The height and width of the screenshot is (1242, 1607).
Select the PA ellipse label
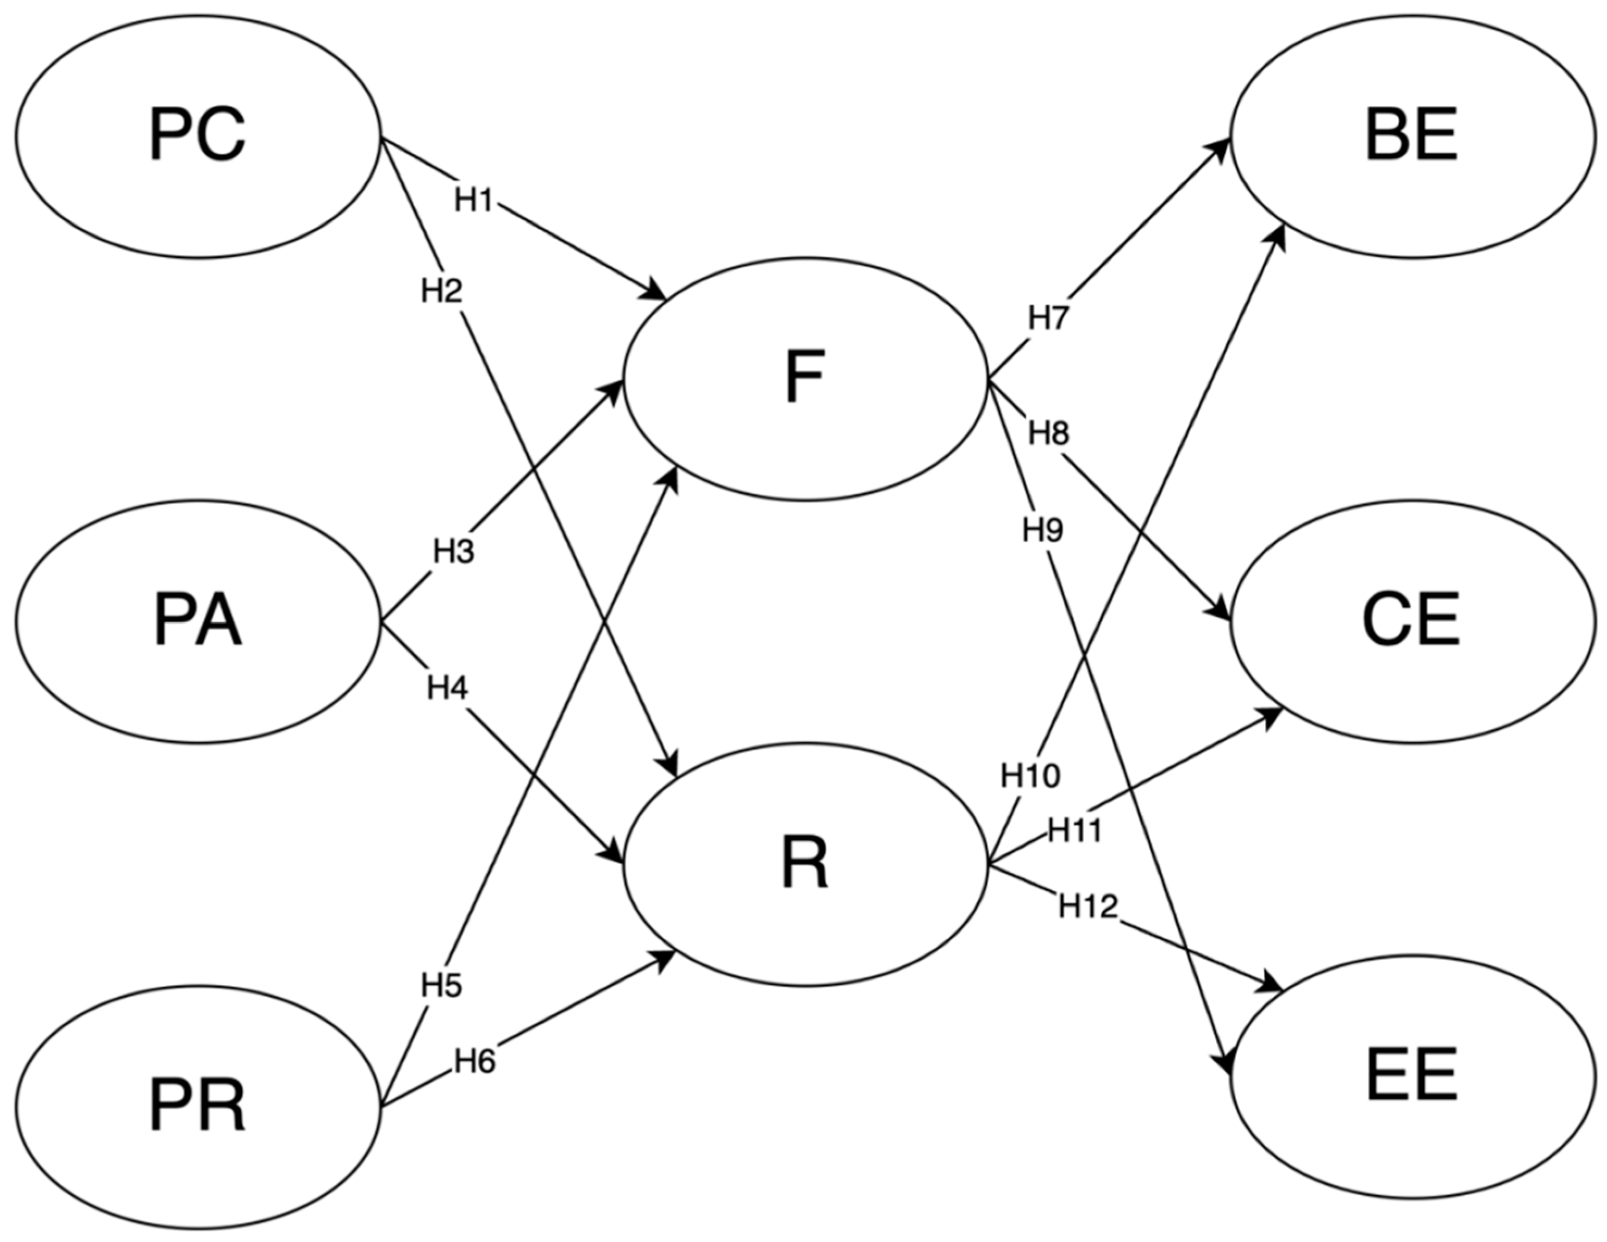click(197, 622)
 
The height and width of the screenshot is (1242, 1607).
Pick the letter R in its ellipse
click(804, 865)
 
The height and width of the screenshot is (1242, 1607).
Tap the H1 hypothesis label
click(473, 200)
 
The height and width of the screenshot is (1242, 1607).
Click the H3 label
click(453, 551)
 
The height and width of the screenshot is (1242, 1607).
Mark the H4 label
click(447, 688)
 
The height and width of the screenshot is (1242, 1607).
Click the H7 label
click(1048, 318)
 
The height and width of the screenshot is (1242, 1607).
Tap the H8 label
click(1048, 434)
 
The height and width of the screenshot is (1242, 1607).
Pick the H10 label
click(1030, 775)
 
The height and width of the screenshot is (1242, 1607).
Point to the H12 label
click(1087, 907)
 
